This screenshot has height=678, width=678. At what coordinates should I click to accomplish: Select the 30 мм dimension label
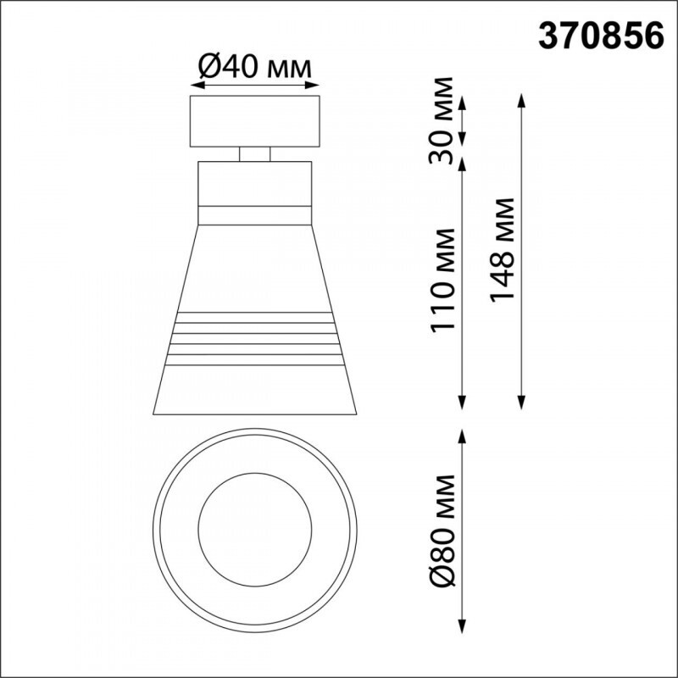pos(442,120)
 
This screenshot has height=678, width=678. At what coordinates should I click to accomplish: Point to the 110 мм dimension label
pos(442,281)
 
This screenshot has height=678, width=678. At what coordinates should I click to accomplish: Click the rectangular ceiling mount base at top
pos(254,121)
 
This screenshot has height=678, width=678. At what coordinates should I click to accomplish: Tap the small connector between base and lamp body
pos(254,153)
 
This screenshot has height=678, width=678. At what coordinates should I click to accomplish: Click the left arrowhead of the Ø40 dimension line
pos(195,85)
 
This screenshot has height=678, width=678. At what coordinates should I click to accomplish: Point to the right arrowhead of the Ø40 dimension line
pos(315,85)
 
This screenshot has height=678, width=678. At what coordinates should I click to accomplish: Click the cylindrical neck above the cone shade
pos(254,182)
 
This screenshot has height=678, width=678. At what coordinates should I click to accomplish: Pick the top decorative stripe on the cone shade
pos(254,318)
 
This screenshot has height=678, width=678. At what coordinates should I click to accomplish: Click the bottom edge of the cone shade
pos(254,416)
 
